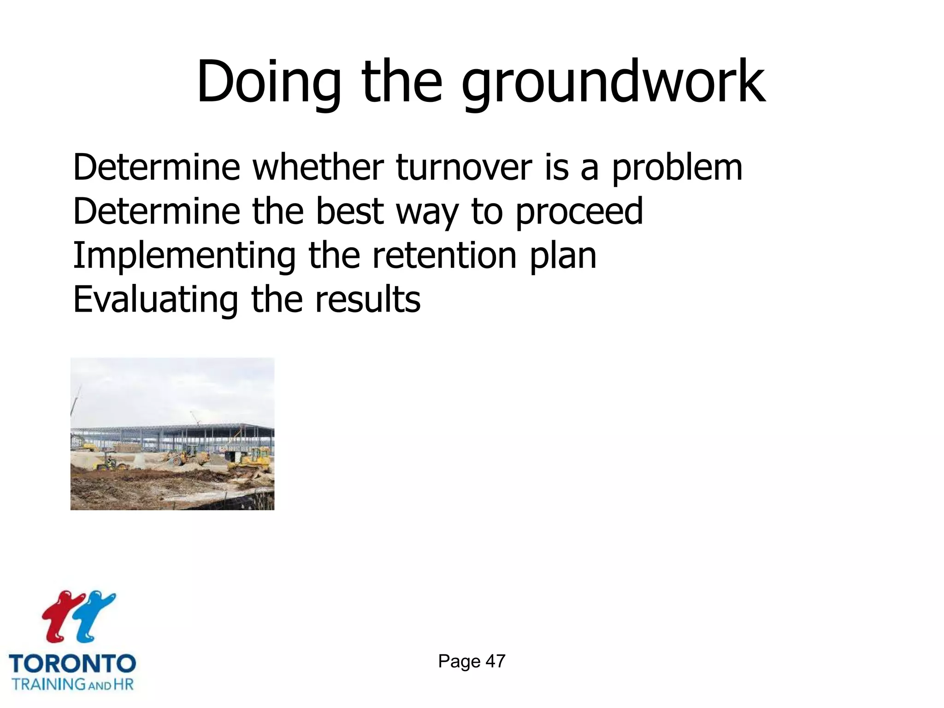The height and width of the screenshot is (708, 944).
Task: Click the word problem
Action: pyautogui.click(x=677, y=168)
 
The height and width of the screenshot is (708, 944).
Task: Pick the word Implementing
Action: pyautogui.click(x=184, y=256)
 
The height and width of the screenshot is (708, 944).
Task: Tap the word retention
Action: pyautogui.click(x=444, y=255)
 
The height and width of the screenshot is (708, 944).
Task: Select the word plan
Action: pyautogui.click(x=563, y=256)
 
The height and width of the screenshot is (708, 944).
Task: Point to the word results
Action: pyautogui.click(x=368, y=300)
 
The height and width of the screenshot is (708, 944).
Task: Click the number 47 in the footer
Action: pyautogui.click(x=496, y=661)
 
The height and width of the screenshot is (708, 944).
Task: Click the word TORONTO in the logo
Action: pyautogui.click(x=72, y=664)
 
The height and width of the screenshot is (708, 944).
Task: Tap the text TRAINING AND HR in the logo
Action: pyautogui.click(x=73, y=684)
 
